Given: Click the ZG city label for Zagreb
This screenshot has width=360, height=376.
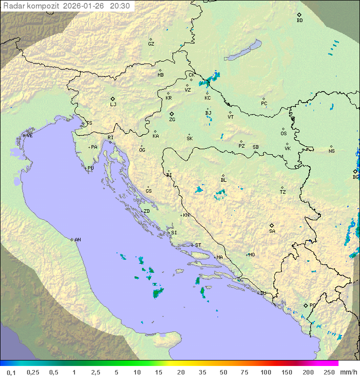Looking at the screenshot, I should [172, 120].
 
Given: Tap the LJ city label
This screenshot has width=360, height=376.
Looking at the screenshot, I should [113, 105].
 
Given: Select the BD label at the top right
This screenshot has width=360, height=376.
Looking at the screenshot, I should [299, 21].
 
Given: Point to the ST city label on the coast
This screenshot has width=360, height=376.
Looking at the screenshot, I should [198, 245].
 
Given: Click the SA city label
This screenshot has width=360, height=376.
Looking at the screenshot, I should [272, 231].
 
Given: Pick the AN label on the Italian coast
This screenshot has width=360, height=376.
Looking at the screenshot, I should [77, 240].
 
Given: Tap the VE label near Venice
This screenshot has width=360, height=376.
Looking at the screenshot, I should [29, 136].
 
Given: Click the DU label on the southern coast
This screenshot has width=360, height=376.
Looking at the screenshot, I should [263, 293].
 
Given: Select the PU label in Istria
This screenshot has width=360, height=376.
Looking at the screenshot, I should [90, 168].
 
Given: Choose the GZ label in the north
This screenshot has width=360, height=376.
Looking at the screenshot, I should [151, 44].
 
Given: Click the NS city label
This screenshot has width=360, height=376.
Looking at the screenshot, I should [331, 151].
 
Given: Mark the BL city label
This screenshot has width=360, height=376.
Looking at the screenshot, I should [223, 180].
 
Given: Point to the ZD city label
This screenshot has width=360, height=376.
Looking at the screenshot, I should [146, 211].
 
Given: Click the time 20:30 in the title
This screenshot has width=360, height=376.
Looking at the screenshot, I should [120, 6].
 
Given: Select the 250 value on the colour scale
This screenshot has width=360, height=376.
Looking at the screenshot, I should [328, 372].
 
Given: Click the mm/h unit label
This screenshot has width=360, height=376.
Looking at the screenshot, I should [348, 372].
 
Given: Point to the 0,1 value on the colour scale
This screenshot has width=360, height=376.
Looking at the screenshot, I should [11, 372].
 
